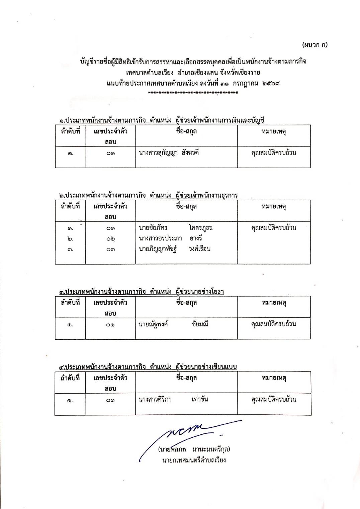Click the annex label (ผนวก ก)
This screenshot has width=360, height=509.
(314, 45)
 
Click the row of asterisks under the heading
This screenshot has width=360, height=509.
(193, 93)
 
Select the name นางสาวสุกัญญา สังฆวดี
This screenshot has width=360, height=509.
(169, 153)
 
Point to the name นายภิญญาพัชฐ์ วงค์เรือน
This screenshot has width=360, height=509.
(174, 249)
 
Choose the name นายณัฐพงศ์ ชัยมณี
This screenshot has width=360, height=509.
(173, 324)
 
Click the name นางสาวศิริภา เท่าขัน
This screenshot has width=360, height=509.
(173, 399)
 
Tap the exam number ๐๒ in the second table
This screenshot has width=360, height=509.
(110, 239)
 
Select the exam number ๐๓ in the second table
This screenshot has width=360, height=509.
(110, 249)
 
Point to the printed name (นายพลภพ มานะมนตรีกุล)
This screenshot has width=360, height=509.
(194, 449)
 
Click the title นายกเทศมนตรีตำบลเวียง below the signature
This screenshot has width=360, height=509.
(194, 460)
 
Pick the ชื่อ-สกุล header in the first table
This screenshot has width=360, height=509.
(186, 131)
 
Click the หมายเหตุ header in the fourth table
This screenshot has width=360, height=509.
(274, 378)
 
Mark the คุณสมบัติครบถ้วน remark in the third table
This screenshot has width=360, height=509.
(274, 324)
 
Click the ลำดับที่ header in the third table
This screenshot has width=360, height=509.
(70, 303)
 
